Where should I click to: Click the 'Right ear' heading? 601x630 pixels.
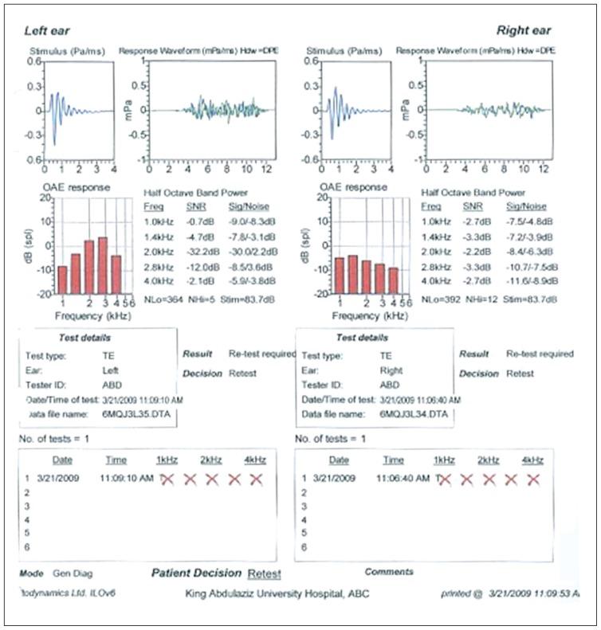click(x=524, y=30)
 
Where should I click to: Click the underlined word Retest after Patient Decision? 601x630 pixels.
click(x=265, y=573)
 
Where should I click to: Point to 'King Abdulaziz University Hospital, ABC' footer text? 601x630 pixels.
click(x=277, y=594)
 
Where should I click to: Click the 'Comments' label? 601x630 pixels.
click(x=389, y=572)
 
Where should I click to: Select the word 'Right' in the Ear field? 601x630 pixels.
click(x=391, y=370)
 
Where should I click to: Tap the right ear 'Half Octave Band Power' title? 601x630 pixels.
click(x=473, y=193)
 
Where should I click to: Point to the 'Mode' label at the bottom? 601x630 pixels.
click(x=31, y=573)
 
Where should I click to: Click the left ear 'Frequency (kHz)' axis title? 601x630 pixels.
click(x=88, y=315)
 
